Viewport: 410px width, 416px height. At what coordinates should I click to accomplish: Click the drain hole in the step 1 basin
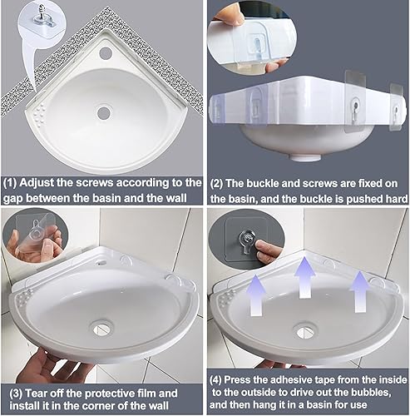104,112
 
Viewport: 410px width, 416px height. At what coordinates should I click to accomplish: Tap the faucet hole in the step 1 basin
106,52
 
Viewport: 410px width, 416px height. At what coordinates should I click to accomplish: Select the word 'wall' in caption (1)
176,198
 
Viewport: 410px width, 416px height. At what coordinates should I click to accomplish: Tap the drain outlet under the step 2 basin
306,157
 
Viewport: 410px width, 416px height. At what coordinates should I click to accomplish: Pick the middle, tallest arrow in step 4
305,277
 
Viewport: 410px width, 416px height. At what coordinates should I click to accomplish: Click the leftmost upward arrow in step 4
257,295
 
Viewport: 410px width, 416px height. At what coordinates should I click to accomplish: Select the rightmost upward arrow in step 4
359,291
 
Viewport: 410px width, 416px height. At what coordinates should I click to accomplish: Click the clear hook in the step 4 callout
246,241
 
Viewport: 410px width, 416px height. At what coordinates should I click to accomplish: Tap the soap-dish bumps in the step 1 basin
39,111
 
